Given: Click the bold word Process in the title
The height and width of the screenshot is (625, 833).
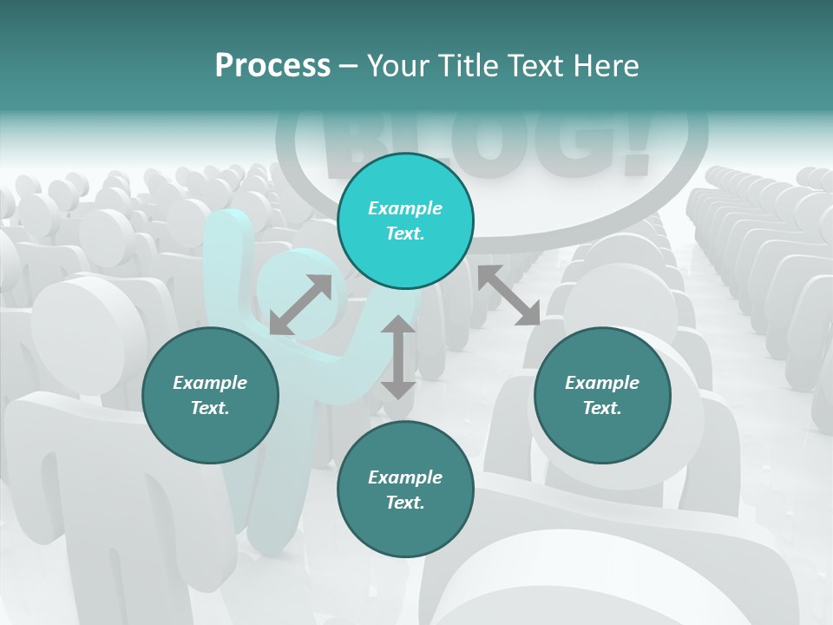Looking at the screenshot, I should pos(272,66).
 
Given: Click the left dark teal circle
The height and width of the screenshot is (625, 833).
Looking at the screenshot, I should pos(210,395).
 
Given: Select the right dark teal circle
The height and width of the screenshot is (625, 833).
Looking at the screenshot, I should pos(602,395).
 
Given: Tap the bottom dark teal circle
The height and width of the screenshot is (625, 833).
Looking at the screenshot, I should pos(405,490).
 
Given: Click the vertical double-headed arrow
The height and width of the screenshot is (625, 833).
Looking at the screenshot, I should pos(398,357).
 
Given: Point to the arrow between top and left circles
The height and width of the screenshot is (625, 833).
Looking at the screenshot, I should pos(300,305).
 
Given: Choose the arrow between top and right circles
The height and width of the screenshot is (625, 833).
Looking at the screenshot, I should pos(508,295).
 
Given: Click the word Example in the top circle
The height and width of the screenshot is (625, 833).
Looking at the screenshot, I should pos(405,208).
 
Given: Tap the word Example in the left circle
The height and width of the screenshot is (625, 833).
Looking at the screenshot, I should pos(210,383).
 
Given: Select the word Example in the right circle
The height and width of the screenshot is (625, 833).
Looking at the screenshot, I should pos(602,383).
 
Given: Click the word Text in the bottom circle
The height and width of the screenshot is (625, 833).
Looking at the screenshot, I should pos(405,503).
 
